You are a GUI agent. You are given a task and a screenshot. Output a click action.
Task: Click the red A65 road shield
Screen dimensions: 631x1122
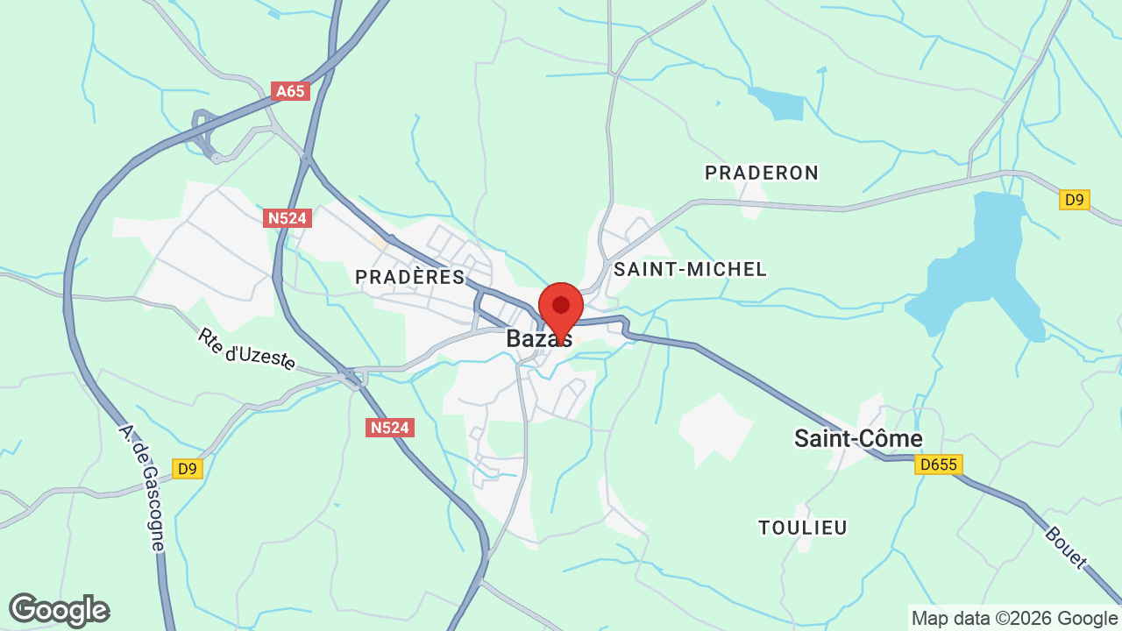(x=291, y=91)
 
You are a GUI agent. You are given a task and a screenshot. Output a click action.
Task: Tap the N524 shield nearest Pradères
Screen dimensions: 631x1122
(x=288, y=217)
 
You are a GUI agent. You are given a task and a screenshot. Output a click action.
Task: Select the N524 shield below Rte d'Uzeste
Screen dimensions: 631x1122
(x=389, y=427)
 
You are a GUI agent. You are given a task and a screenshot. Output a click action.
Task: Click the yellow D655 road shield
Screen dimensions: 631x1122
(x=938, y=464)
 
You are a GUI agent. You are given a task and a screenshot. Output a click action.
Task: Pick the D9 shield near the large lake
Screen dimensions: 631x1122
(x=1074, y=200)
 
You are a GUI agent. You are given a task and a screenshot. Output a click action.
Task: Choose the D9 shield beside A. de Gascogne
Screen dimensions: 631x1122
(x=187, y=469)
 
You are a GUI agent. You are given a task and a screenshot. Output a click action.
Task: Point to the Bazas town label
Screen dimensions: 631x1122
(x=538, y=338)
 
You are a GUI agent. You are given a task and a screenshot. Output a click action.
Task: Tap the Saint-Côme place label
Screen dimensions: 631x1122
(x=858, y=438)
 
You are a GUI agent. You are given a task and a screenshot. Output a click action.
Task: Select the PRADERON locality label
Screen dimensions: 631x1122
(x=762, y=173)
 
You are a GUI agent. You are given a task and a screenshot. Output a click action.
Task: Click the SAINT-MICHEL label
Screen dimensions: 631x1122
(x=690, y=269)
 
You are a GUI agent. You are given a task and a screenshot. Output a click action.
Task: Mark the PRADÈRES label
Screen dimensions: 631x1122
(x=409, y=277)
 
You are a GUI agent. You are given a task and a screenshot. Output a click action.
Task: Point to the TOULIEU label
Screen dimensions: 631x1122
(x=803, y=528)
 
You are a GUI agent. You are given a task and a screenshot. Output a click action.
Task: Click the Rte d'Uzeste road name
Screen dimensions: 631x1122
(x=246, y=349)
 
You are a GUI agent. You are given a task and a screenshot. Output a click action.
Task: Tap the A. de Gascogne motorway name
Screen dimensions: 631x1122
(x=143, y=487)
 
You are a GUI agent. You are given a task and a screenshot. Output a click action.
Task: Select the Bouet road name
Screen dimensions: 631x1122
(x=1066, y=547)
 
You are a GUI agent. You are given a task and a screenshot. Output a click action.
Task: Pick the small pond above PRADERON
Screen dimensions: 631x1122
(x=779, y=104)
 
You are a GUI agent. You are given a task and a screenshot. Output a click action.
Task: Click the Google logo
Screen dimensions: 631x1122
(x=59, y=610)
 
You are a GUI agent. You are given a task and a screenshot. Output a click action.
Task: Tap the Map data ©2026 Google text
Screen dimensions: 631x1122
(x=1014, y=619)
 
